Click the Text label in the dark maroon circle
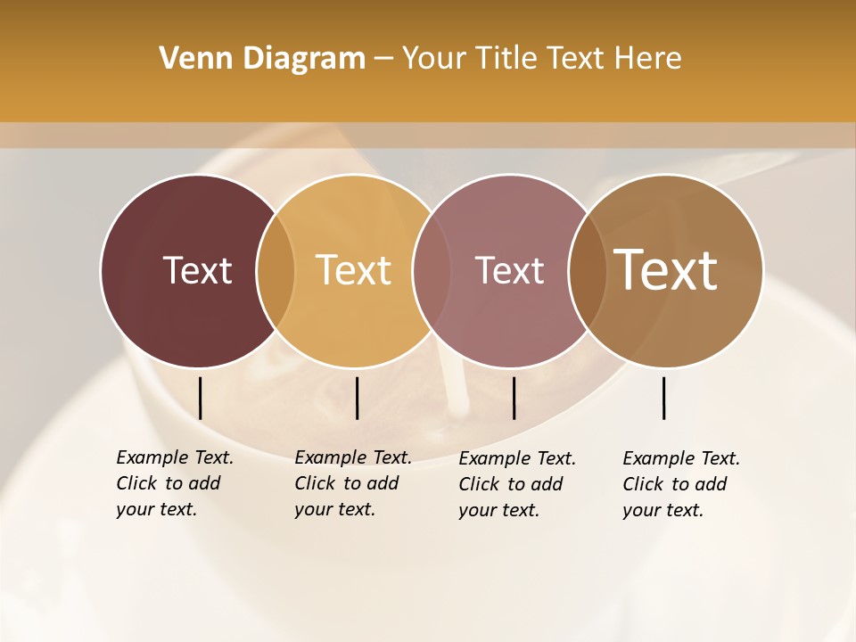tap(197, 270)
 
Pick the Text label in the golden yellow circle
tap(354, 270)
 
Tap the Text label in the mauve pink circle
tap(509, 270)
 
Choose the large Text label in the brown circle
tap(666, 270)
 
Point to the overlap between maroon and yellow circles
tap(276, 270)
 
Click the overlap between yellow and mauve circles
tap(432, 270)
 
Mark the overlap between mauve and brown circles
tap(588, 270)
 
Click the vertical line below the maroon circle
tap(201, 398)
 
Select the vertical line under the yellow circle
tap(357, 398)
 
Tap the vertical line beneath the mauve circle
tap(514, 398)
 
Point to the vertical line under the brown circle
tap(663, 398)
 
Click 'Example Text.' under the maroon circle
tap(175, 457)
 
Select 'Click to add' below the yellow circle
tap(346, 483)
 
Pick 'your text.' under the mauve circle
tap(498, 510)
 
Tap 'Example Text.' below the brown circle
tap(681, 458)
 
